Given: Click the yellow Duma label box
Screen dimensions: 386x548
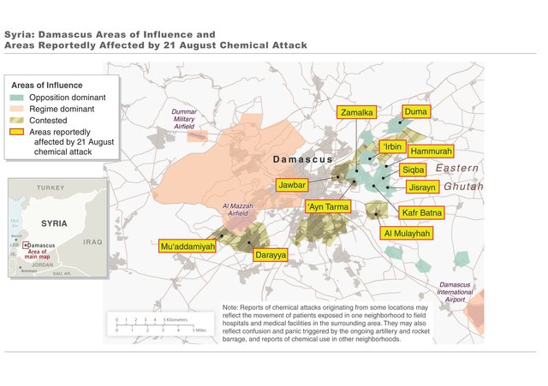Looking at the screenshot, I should (x=415, y=111).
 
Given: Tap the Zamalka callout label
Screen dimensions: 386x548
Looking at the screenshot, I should (x=355, y=112).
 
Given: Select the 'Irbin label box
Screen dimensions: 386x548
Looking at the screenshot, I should (x=393, y=146).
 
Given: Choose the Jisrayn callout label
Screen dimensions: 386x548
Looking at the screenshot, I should (x=423, y=187).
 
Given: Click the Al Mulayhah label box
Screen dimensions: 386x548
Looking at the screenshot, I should (x=408, y=232).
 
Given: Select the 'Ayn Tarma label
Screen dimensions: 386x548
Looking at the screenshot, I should (x=327, y=206).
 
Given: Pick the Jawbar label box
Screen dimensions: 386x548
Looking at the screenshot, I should (x=293, y=184).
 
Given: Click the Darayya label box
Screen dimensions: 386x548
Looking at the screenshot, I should (x=270, y=254).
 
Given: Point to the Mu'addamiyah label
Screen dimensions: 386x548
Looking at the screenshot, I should (x=187, y=246).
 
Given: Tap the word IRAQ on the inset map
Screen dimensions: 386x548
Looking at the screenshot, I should (x=92, y=242).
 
